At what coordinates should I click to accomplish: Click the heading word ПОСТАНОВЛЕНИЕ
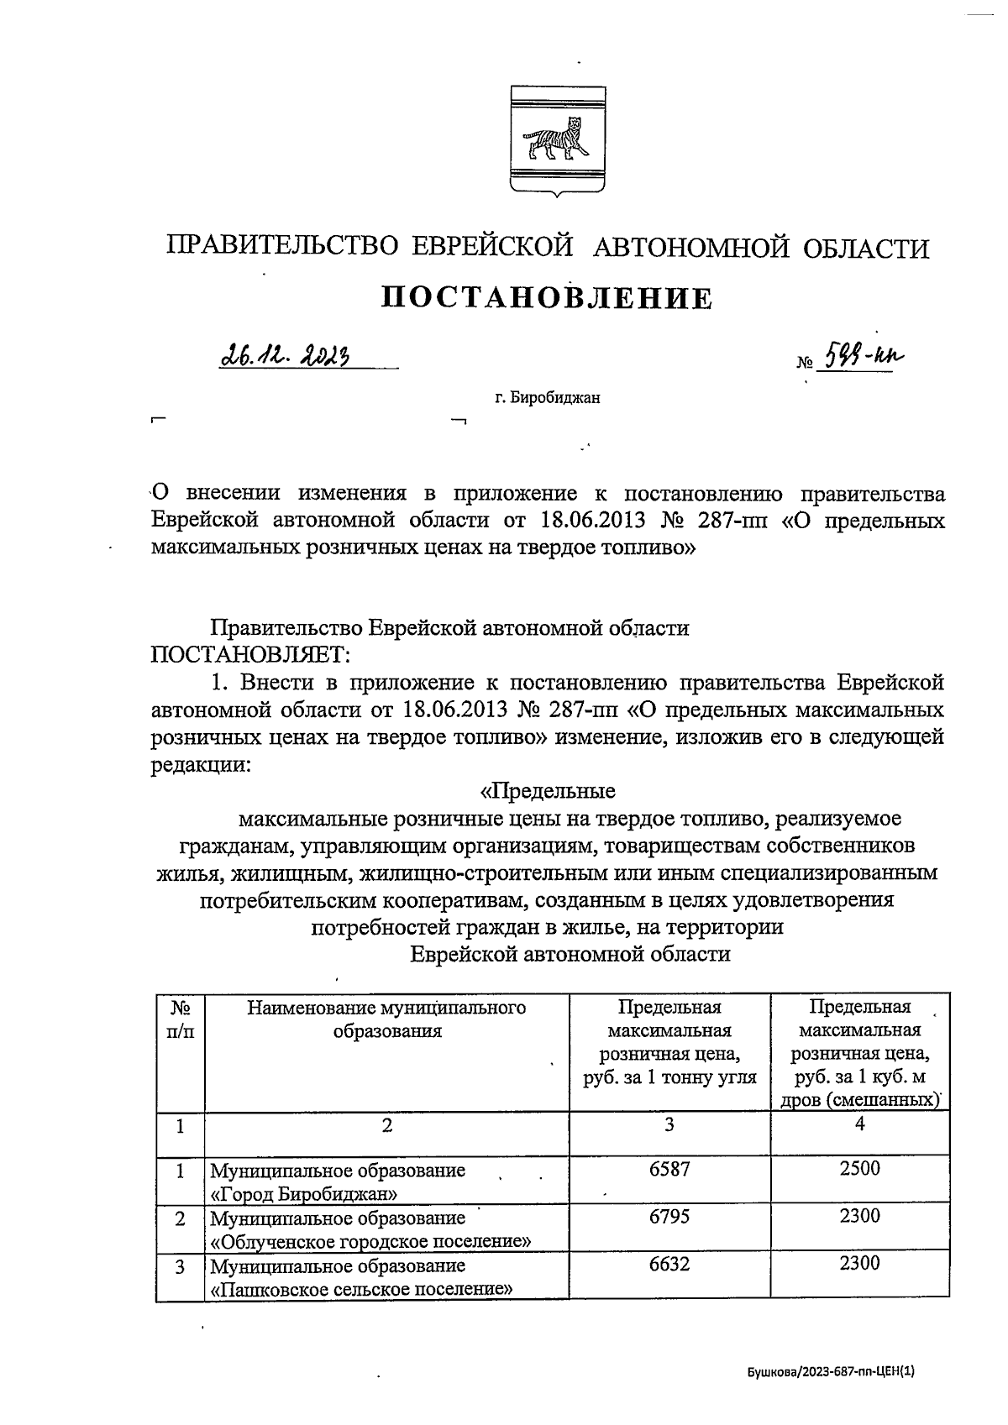pos(547,298)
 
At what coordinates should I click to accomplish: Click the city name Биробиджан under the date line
pos(547,398)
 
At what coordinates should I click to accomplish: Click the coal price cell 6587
pos(669,1168)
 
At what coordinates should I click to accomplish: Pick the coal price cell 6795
pos(669,1216)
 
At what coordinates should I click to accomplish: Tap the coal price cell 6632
pos(669,1263)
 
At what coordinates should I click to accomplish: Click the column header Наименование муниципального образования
pos(386,1019)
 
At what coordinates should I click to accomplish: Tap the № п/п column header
pos(180,1019)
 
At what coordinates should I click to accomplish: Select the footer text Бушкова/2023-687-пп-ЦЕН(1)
pos(830,1372)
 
